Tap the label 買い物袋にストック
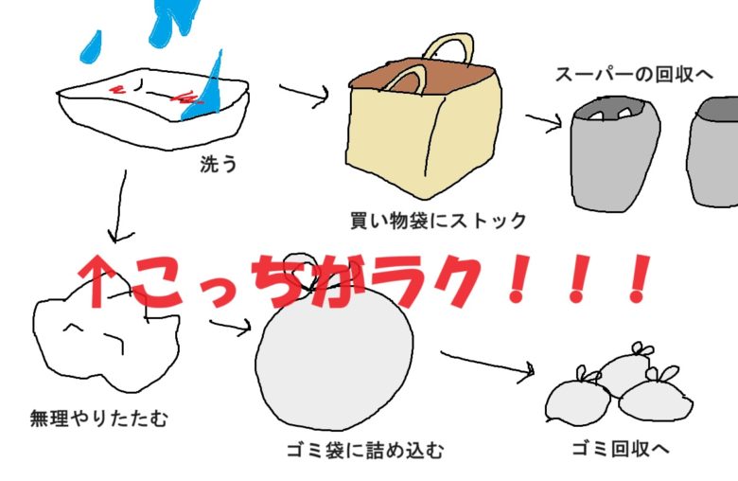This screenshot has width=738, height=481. coord(437,222)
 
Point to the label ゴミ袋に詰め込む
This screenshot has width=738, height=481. coord(364,448)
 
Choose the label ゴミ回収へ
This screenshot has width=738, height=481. coord(621,446)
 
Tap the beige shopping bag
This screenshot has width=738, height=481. coord(426,133)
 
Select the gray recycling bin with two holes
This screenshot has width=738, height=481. coord(613,156)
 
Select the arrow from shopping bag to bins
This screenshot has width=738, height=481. coord(543,122)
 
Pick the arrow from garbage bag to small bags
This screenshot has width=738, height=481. coord(487,365)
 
